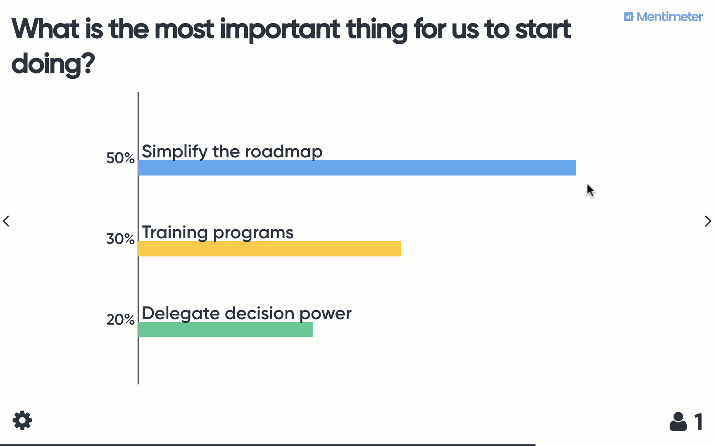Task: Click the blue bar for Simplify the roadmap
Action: (357, 168)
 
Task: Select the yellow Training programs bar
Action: (269, 249)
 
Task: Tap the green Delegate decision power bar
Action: (225, 330)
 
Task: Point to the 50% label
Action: (120, 158)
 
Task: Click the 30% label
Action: (120, 239)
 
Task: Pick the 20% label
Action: (120, 319)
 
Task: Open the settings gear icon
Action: (22, 420)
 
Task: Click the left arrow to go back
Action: (6, 221)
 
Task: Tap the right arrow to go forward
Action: (707, 221)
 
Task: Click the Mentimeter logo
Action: (663, 17)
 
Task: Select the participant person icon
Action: (678, 422)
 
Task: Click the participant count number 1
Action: (698, 422)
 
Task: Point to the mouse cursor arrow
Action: (590, 190)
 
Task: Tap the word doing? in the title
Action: (53, 64)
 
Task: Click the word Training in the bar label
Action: (174, 232)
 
